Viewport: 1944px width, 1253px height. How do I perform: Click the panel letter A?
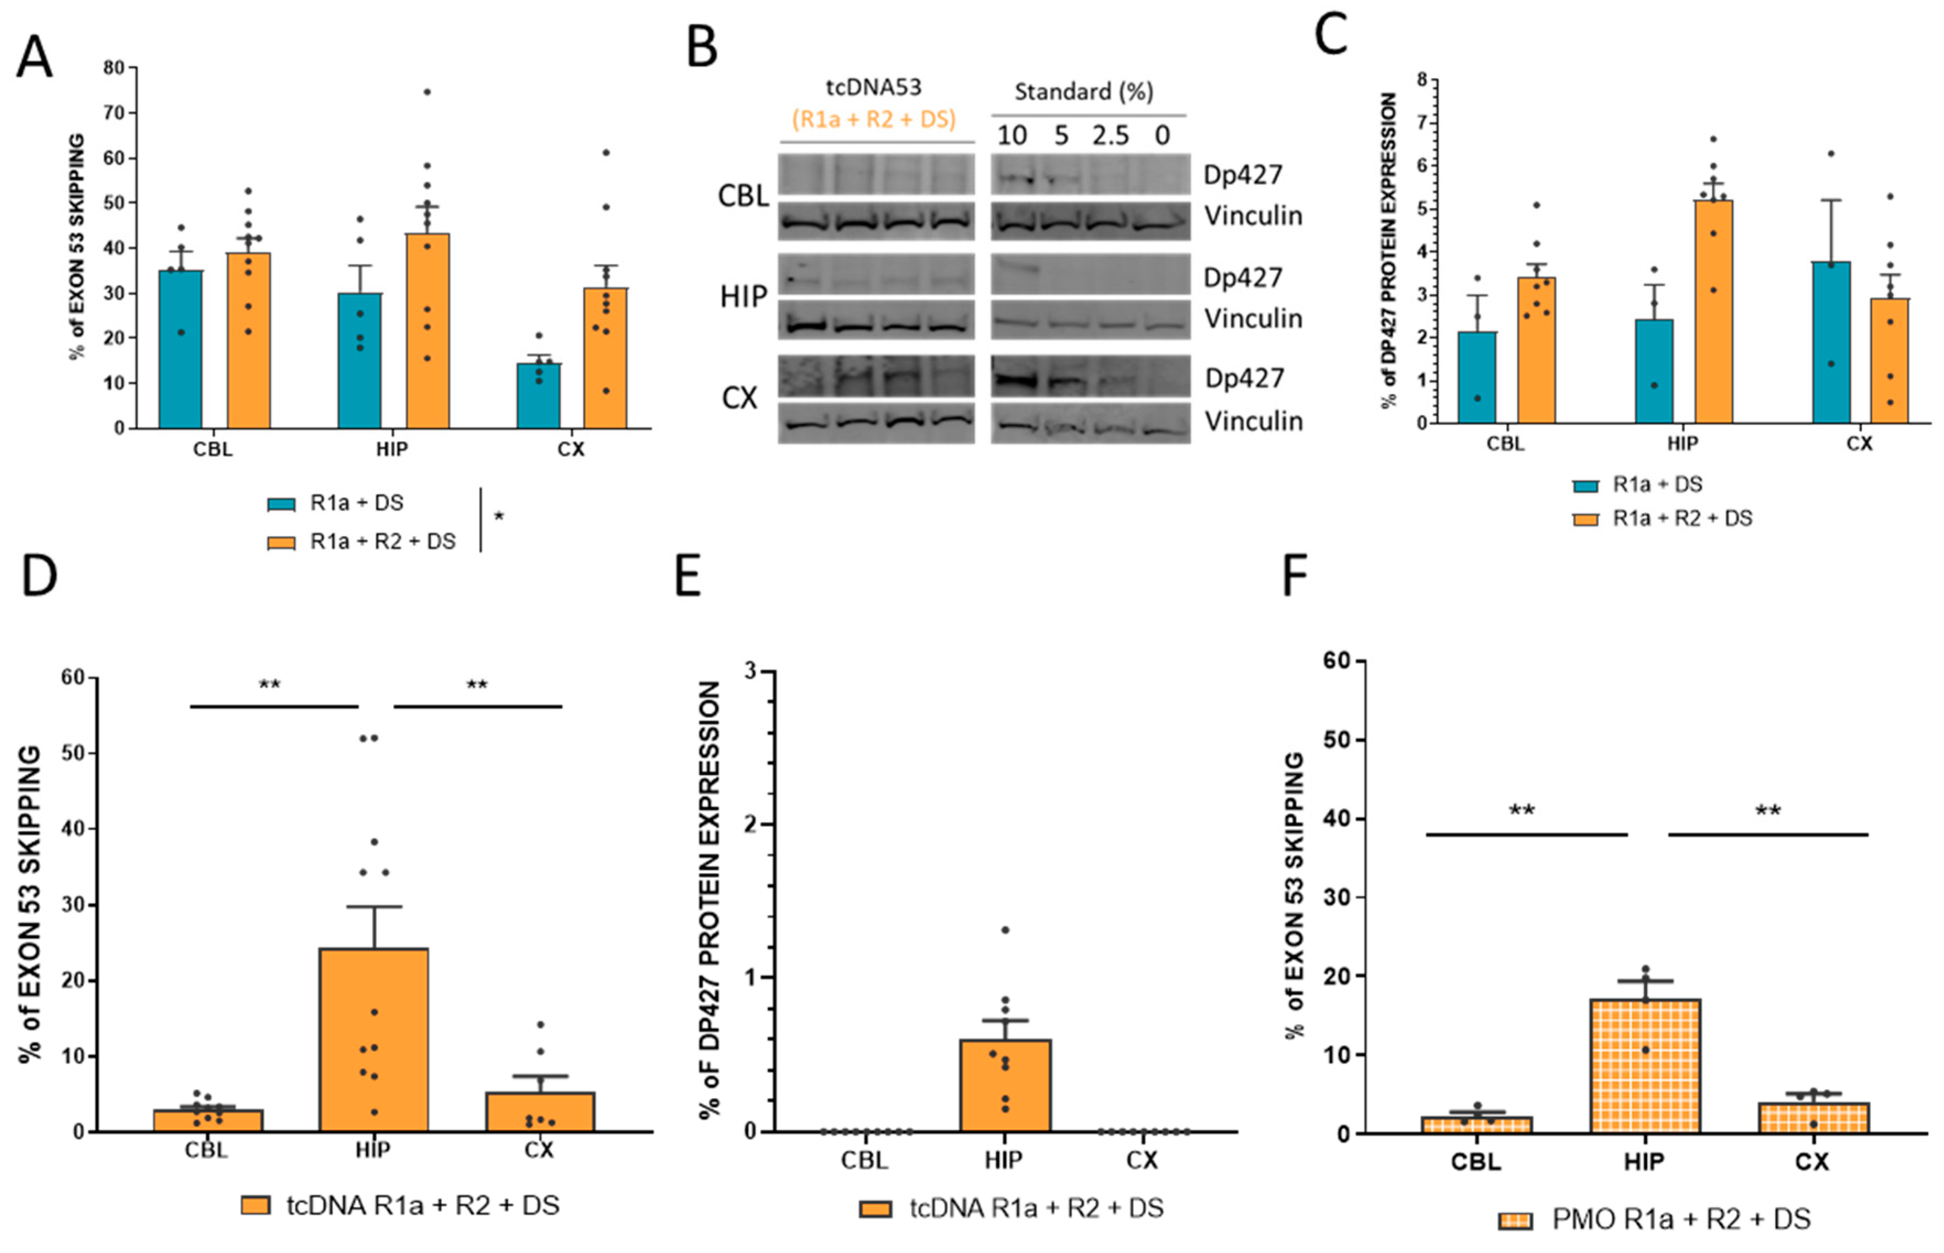click(x=34, y=57)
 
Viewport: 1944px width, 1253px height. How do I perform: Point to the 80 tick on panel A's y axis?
click(x=114, y=68)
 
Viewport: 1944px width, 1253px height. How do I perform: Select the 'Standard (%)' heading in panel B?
click(x=1083, y=91)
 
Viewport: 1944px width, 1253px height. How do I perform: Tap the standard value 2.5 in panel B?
click(x=1110, y=135)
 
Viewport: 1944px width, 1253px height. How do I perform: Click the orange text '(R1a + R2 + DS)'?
click(x=873, y=120)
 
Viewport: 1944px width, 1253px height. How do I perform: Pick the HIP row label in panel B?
click(x=742, y=297)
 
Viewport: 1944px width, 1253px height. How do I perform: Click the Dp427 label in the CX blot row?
click(x=1243, y=378)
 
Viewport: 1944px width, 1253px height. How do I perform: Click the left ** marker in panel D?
click(x=269, y=685)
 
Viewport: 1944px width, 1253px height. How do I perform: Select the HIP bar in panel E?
click(x=1006, y=1086)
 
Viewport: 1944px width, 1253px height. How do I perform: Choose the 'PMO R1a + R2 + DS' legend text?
click(x=1681, y=1219)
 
